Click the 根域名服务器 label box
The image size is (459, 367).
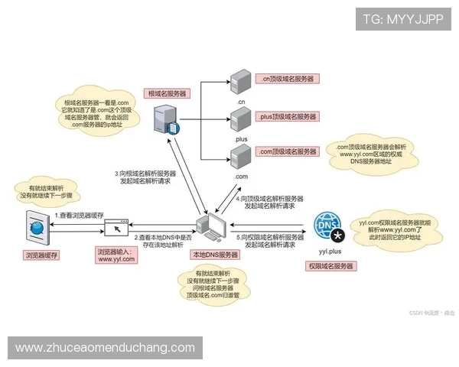click(x=168, y=93)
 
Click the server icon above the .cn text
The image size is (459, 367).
click(x=239, y=80)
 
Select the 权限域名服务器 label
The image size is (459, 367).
click(x=330, y=266)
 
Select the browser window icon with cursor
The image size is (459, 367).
click(x=116, y=227)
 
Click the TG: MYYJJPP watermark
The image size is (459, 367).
click(x=403, y=19)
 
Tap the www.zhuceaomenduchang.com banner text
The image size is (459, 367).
click(x=105, y=348)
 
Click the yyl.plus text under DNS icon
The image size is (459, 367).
click(x=330, y=251)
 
